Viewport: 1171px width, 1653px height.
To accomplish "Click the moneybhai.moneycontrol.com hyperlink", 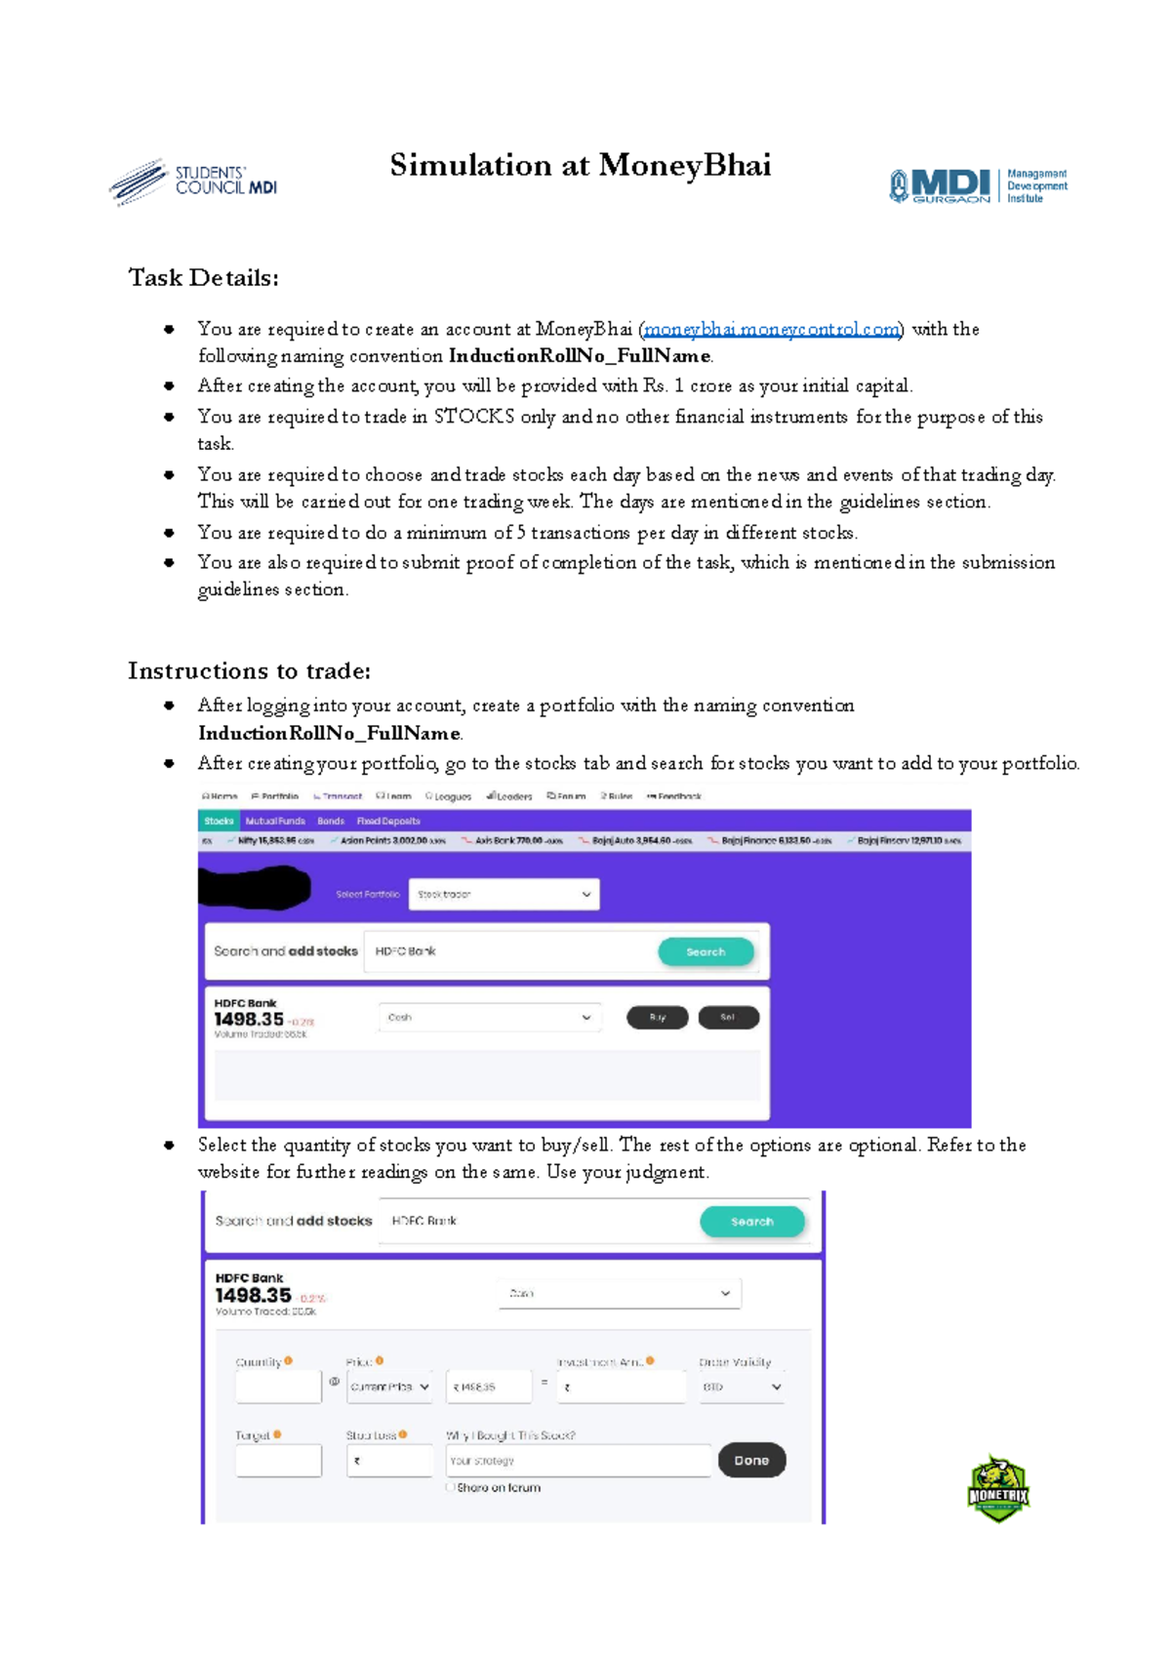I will click(771, 329).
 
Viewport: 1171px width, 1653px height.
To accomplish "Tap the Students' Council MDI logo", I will click(193, 181).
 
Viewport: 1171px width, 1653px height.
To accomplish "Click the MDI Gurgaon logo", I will click(977, 185).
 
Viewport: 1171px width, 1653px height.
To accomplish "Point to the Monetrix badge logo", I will click(997, 1489).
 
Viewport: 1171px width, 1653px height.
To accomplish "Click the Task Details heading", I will click(203, 278).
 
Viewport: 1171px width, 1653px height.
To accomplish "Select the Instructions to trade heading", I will click(249, 671).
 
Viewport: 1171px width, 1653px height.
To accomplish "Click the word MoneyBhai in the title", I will click(684, 165).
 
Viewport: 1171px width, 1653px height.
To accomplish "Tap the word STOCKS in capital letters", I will click(473, 417).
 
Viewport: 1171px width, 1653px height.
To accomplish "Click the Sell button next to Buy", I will click(727, 1018).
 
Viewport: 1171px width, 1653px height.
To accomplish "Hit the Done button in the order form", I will click(751, 1460).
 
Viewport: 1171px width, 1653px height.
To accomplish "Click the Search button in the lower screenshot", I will click(751, 1221).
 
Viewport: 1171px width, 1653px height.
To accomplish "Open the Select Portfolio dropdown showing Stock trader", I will click(504, 894).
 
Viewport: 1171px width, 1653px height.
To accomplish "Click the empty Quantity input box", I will click(278, 1386).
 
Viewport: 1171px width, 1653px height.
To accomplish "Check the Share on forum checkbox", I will click(451, 1487).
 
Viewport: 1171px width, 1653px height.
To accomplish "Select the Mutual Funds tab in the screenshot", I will click(275, 821).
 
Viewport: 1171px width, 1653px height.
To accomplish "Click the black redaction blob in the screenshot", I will click(254, 888).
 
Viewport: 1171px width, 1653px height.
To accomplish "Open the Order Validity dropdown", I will click(742, 1387).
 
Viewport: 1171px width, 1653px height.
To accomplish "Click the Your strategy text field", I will click(578, 1461).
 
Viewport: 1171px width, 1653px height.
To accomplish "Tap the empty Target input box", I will click(278, 1461).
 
